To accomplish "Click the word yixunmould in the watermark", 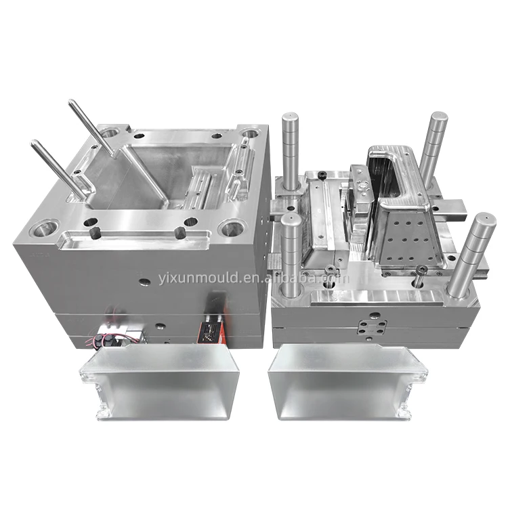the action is [199, 278].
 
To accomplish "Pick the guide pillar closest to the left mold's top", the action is [291, 152].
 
